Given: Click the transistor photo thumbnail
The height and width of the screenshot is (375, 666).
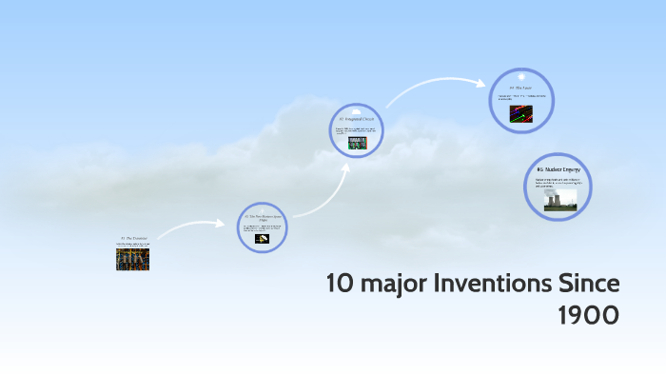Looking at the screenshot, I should (x=133, y=259).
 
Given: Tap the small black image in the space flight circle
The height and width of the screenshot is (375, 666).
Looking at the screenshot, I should (x=262, y=238).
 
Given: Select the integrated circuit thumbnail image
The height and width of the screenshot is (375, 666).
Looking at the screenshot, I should (x=358, y=143).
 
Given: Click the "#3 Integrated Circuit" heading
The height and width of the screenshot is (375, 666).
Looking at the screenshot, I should (x=358, y=119).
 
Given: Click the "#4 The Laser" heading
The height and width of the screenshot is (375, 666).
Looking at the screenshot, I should (x=520, y=88).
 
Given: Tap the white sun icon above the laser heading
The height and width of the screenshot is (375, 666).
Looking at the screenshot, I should (x=520, y=76).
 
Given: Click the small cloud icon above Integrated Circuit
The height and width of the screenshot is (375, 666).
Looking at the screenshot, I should (x=359, y=109).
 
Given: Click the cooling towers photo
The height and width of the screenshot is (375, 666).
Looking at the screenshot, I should (x=559, y=200).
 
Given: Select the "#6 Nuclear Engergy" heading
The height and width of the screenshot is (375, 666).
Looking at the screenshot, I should (x=558, y=169).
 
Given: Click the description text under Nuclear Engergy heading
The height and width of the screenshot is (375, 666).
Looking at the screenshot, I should (x=558, y=182).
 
